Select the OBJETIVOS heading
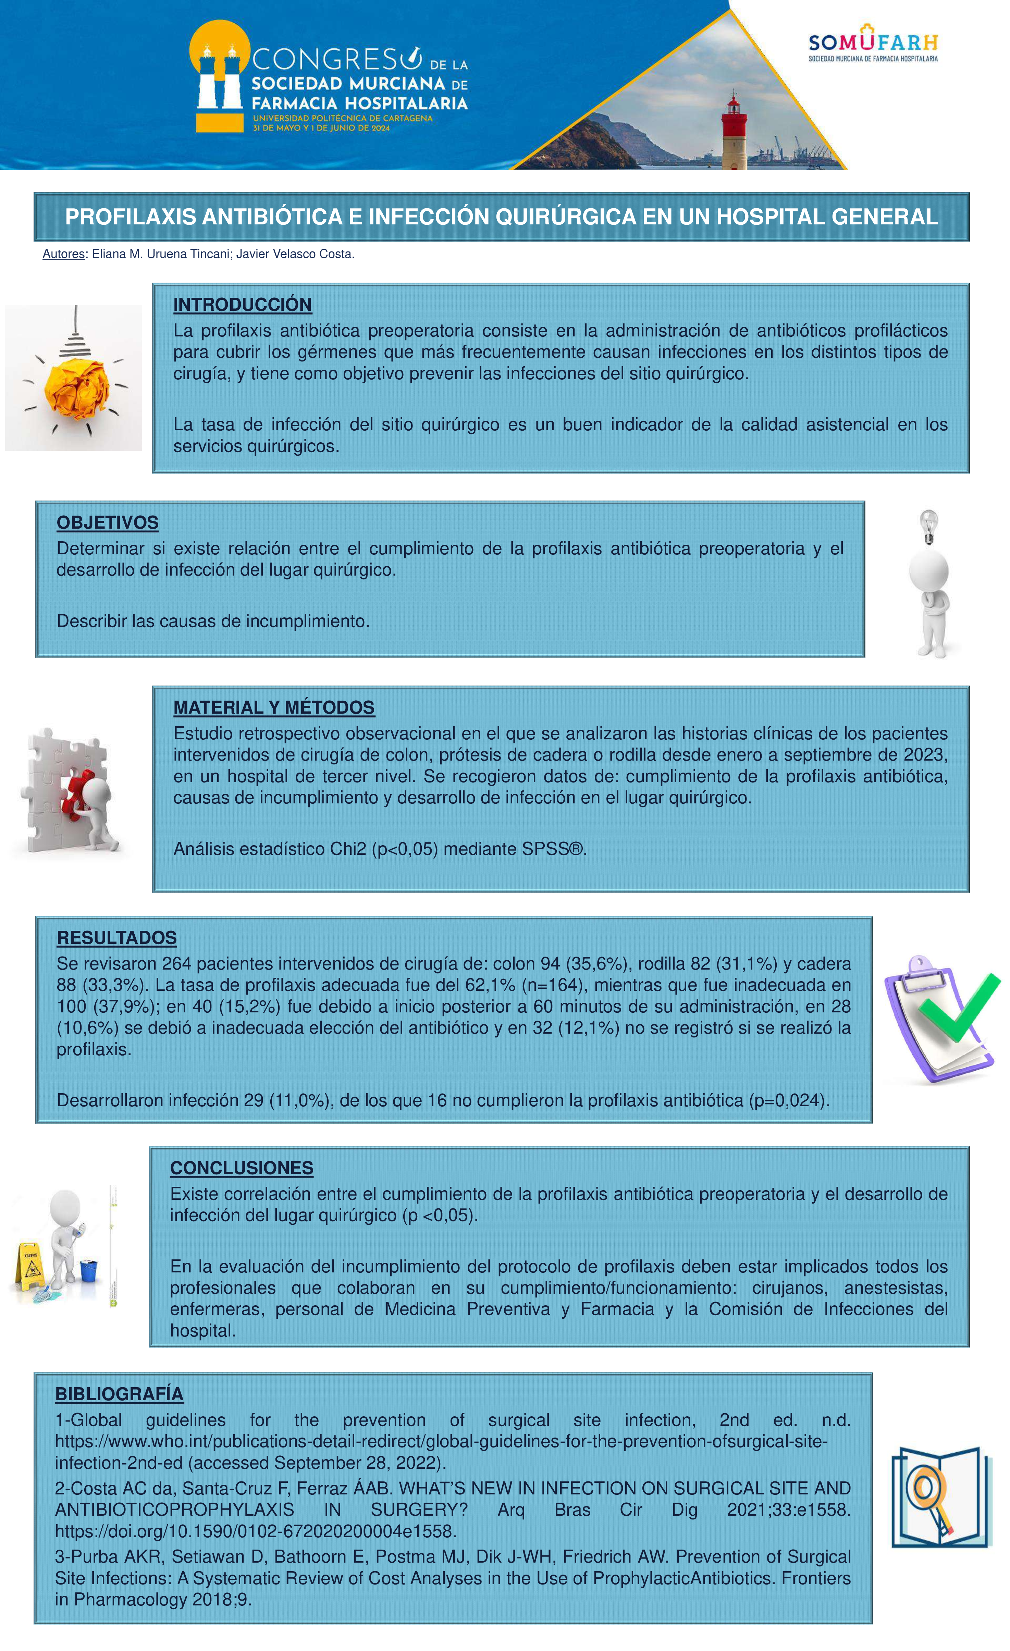107,522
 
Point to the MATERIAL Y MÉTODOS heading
273,707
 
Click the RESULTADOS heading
116,937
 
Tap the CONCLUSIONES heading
241,1168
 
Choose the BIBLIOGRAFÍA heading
119,1394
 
